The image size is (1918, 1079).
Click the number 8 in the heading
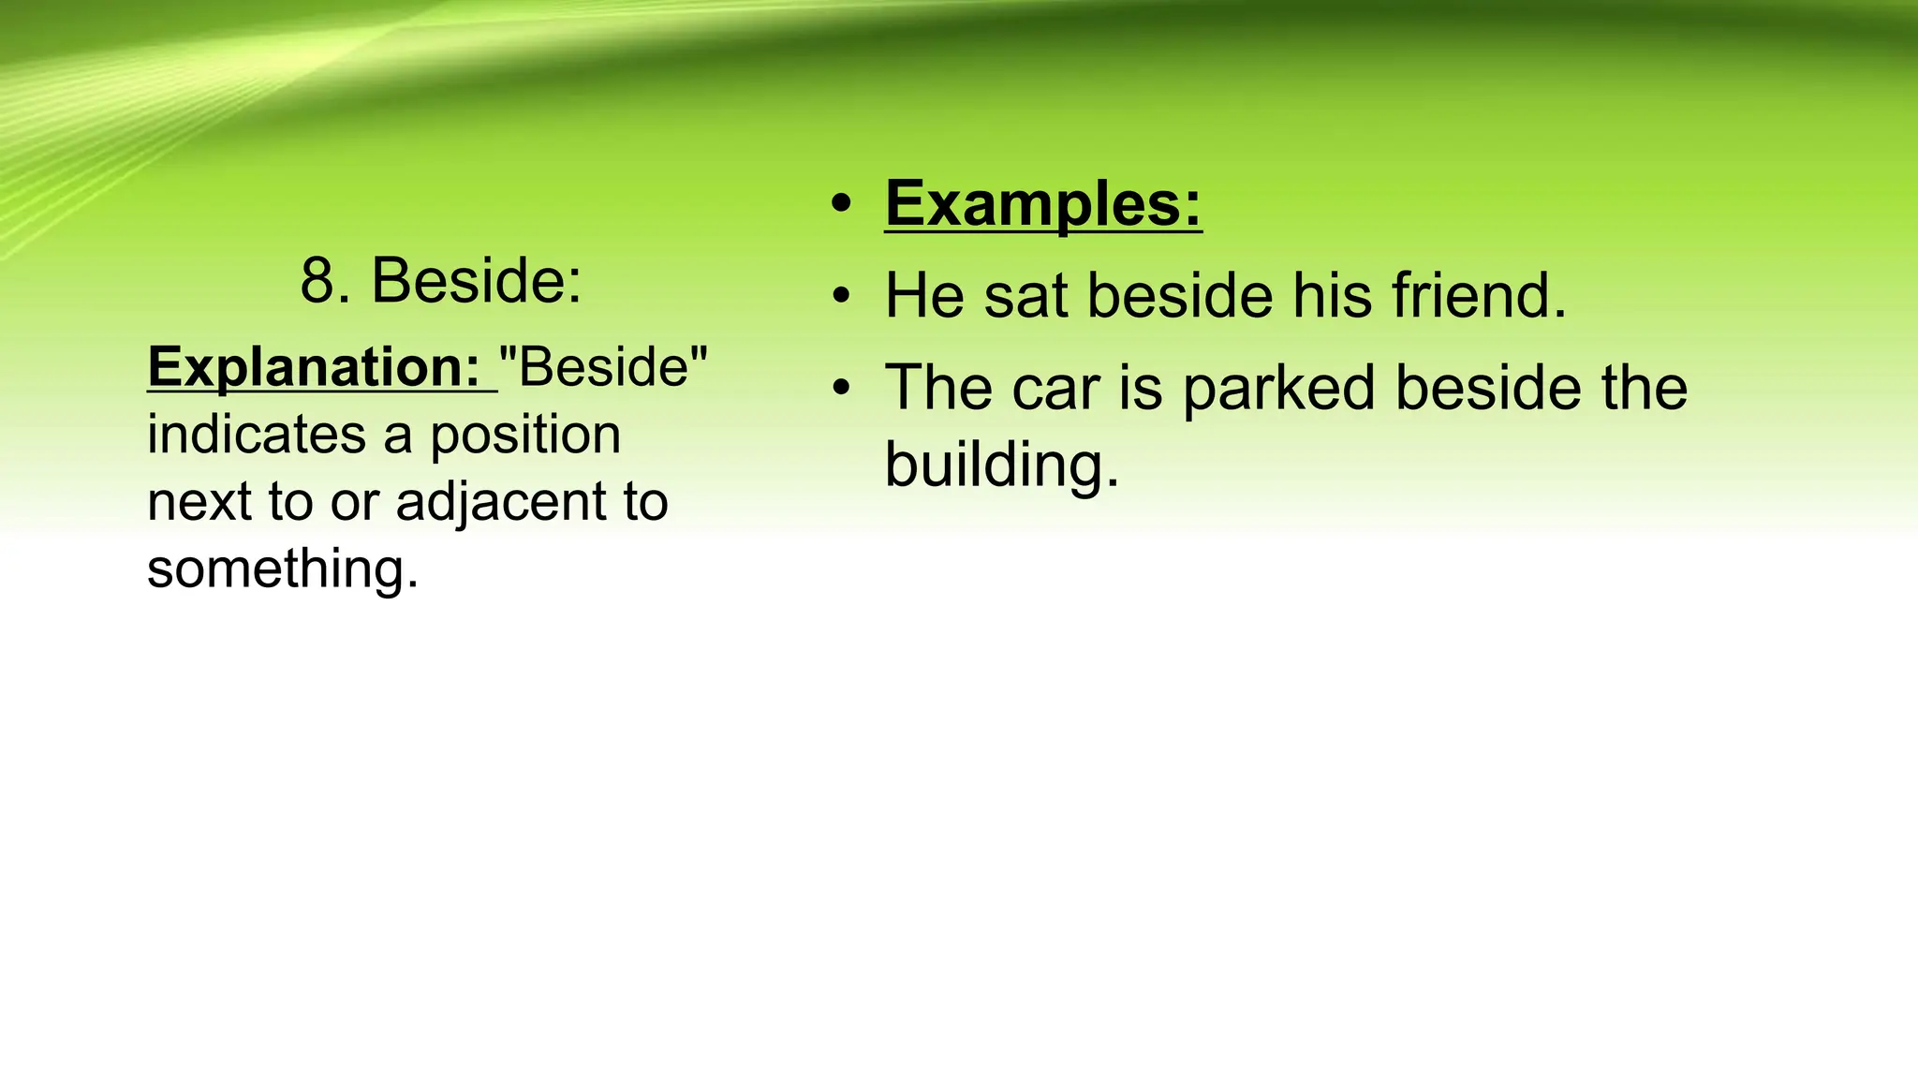317,280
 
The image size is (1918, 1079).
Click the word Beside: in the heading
477,280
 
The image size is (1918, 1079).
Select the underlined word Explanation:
315,366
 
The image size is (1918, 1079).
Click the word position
525,436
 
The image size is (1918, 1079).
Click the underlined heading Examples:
1043,203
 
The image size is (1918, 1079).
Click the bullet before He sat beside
842,296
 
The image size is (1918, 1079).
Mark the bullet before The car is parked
842,388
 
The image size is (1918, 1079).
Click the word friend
1479,296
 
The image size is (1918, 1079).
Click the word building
1001,466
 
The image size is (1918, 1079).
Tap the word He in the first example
924,296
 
